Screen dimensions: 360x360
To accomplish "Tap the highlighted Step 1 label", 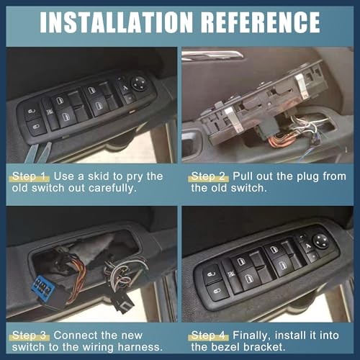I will tap(30, 176).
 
